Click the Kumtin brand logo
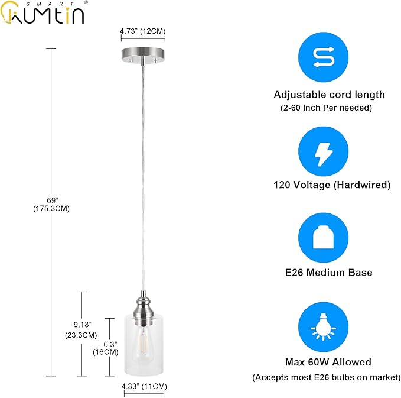point(43,12)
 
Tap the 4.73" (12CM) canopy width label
point(143,31)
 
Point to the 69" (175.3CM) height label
point(51,205)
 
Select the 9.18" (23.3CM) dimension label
point(81,330)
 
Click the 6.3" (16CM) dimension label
point(106,348)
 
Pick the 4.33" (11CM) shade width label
point(144,387)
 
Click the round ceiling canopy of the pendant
point(143,55)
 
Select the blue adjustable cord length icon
point(323,57)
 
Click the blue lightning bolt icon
point(323,151)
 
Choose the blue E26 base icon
point(323,238)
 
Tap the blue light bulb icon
point(323,327)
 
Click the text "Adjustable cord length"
point(329,95)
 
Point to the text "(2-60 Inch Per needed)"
point(327,108)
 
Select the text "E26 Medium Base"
point(328,273)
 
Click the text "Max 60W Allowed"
point(328,362)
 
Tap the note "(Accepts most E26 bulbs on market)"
point(327,377)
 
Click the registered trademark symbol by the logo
point(86,2)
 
